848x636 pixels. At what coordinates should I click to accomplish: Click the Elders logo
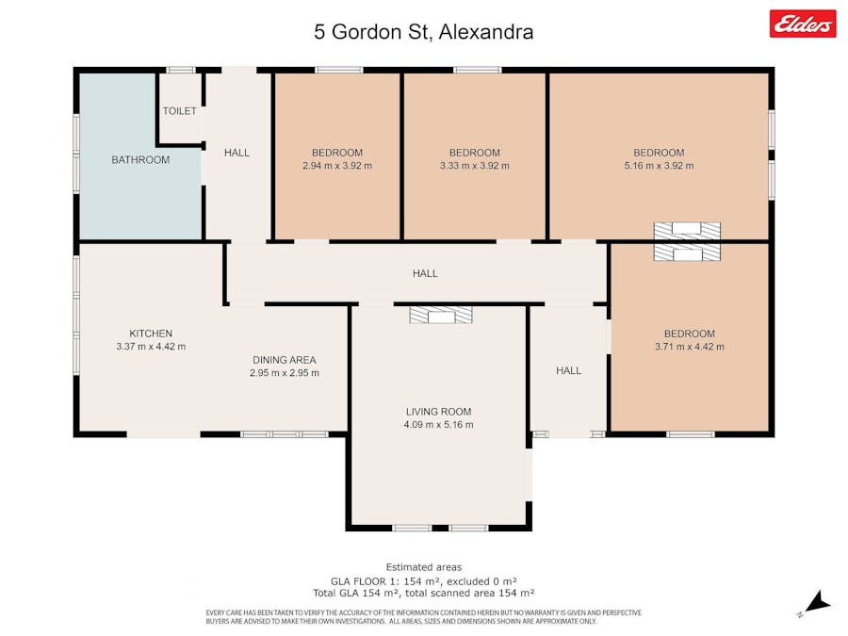point(803,24)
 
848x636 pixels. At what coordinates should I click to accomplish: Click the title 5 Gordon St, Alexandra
point(423,32)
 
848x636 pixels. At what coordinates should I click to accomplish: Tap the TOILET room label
point(180,111)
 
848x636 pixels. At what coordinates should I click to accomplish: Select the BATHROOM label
point(140,159)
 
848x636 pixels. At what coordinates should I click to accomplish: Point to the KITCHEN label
point(151,334)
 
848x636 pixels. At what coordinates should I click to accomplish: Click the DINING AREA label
point(285,360)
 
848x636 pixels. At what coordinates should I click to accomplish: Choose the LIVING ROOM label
point(438,412)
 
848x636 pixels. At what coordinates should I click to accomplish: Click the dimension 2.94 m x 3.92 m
point(337,166)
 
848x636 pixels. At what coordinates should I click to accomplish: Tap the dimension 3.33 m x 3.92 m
point(474,166)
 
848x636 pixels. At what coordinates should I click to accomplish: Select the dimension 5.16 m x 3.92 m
point(659,166)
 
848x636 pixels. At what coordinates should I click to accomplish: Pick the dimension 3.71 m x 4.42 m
point(690,346)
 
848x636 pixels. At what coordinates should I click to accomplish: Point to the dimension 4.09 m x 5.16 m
point(438,425)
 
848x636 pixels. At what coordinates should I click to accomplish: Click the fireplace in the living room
point(441,315)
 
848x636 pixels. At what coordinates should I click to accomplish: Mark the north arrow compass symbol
point(817,603)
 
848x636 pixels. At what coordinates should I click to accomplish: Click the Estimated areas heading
point(424,567)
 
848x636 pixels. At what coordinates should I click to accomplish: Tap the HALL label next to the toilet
point(236,153)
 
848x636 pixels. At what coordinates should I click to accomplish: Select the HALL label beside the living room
point(569,370)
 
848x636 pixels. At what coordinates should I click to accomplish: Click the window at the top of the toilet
point(180,70)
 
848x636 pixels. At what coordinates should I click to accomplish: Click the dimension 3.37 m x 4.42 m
point(151,346)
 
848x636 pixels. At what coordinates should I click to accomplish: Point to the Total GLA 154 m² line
point(424,593)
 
